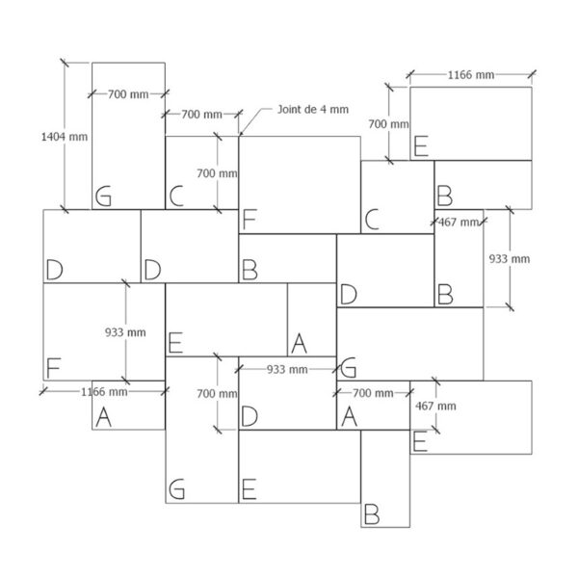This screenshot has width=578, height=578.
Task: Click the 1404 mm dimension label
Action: pos(65,137)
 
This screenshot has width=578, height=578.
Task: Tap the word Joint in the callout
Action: pos(289,110)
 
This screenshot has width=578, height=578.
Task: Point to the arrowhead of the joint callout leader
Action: pos(241,134)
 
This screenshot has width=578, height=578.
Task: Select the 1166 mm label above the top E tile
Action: pos(471,75)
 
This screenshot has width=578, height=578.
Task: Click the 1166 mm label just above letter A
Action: pos(104,391)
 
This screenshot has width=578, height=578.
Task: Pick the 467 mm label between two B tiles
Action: pos(459,223)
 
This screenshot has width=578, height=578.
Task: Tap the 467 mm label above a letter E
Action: pos(435,407)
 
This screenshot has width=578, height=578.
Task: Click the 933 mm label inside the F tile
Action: pos(125,332)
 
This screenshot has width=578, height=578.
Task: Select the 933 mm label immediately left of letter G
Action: pos(287,369)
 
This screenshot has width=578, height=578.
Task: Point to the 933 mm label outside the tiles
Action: pos(510,259)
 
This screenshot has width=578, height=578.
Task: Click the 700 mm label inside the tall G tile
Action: pos(128,94)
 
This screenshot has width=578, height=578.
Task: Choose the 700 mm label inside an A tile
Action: pos(373,393)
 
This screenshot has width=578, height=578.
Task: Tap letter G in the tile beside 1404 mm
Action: pos(103,197)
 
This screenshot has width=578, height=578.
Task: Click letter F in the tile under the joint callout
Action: pos(250,220)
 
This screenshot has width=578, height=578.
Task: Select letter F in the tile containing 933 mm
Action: pos(53,368)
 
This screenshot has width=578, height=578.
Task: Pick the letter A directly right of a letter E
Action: pos(299,343)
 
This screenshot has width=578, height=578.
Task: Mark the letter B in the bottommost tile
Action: pos(372,514)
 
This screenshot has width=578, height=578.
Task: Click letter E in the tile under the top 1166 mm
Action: pos(421,146)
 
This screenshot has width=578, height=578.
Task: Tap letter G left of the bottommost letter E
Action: pos(176,489)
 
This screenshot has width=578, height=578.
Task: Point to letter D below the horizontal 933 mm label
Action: pos(250,416)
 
